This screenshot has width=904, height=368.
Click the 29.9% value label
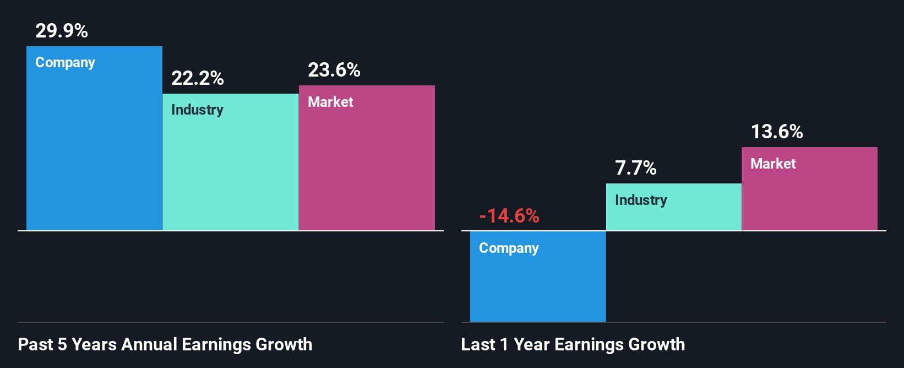point(62,31)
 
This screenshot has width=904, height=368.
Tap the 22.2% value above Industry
point(197,78)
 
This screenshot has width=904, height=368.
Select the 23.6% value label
point(334,70)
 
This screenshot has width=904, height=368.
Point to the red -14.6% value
point(509,215)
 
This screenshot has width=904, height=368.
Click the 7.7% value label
point(635,168)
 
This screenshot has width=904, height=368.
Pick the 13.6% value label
point(777,132)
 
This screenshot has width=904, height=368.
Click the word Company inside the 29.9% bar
point(65,62)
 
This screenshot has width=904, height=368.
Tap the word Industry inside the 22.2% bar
point(197,110)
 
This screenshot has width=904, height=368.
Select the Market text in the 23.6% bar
point(330,102)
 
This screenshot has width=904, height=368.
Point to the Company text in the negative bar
point(509,248)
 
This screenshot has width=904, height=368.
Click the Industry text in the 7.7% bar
point(641,200)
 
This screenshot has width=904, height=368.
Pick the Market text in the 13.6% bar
point(773,164)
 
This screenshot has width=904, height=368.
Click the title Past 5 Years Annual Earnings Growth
point(165,344)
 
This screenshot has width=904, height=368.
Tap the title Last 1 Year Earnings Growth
point(573,344)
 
